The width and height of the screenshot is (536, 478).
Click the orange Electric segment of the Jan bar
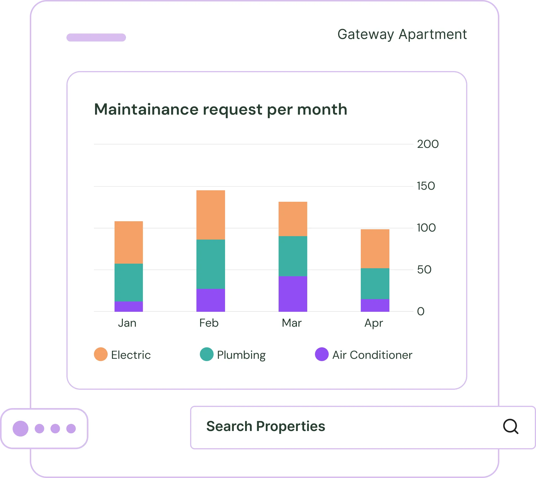129,242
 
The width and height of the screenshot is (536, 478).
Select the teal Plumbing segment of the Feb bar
210,264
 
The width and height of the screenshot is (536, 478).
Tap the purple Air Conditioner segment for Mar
293,294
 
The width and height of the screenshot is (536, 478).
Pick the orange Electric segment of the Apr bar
375,248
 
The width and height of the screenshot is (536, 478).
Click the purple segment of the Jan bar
129,306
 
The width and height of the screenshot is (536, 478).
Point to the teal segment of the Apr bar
375,283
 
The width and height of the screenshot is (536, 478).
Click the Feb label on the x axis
209,323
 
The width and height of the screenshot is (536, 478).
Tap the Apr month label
373,323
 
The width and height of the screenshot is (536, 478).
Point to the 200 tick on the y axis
427,144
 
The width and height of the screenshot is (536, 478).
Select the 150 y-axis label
426,186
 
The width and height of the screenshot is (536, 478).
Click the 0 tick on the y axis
421,311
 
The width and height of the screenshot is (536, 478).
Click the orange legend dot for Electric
101,354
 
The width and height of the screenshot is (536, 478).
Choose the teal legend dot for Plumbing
207,354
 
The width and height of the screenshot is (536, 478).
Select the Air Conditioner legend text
372,355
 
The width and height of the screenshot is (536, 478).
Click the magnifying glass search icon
511,426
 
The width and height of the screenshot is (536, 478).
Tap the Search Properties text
265,426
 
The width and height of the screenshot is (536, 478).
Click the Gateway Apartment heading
402,35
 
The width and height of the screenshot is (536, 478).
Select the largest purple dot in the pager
21,428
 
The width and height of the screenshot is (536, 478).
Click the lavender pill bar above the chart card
96,38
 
